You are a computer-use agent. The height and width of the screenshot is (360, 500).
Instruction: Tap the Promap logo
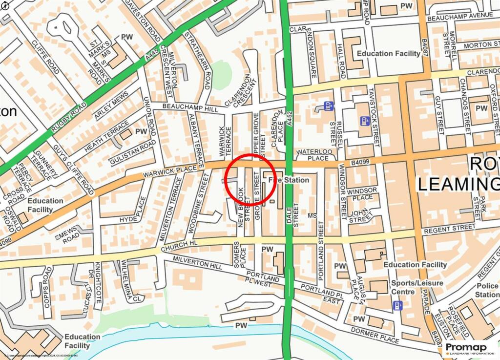pos(469,348)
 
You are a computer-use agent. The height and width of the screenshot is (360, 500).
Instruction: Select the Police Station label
pos(487,290)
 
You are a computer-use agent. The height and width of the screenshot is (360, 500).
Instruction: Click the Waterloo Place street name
pos(312,155)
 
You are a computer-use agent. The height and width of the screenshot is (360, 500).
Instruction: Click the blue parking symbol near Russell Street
pos(329,106)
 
